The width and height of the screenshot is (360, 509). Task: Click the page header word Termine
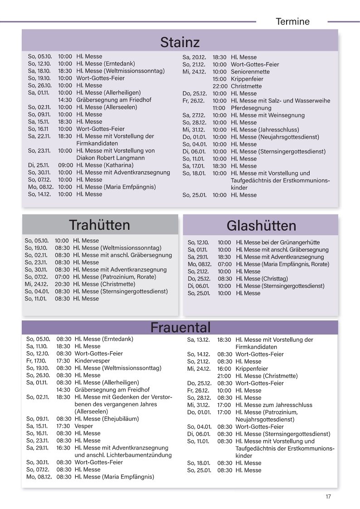tap(292, 21)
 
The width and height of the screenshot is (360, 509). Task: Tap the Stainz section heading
tap(180, 42)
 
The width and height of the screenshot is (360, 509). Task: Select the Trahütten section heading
tap(100, 225)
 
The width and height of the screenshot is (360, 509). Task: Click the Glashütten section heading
tap(261, 225)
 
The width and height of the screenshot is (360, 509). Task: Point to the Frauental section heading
tap(180, 327)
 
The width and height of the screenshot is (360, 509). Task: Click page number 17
tap(328, 496)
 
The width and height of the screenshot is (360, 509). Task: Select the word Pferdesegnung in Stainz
tap(251, 108)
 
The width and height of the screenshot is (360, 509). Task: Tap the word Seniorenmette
tap(250, 72)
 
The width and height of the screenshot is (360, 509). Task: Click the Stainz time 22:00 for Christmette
tap(220, 86)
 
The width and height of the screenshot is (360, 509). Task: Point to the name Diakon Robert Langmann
tap(111, 158)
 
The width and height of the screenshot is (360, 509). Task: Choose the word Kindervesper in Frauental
tap(92, 361)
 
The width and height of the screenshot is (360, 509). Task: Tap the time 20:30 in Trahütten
tap(62, 284)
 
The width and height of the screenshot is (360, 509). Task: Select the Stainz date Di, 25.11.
tap(40, 165)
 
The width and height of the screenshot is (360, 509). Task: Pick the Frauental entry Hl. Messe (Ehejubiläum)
tap(107, 419)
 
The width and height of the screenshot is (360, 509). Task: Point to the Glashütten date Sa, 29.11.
tap(198, 257)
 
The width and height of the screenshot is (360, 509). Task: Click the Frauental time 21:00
tap(224, 376)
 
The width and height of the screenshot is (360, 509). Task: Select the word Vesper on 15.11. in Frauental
tap(83, 426)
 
